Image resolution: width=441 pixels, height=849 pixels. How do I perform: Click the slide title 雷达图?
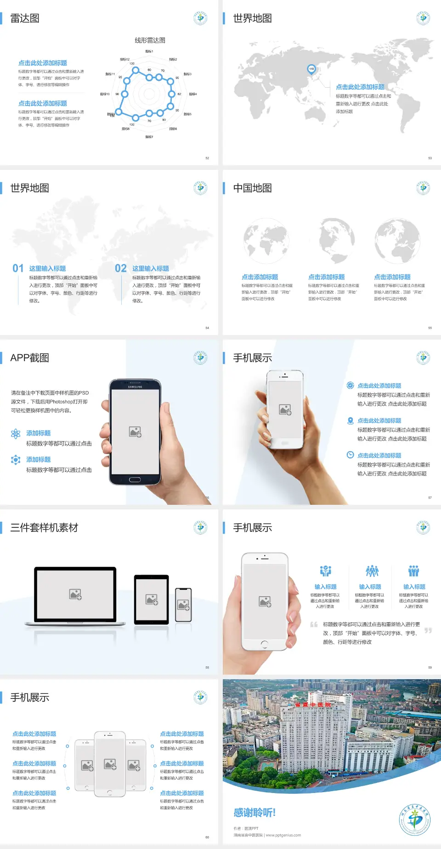[25, 18]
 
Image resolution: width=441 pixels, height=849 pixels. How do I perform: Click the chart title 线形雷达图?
[150, 40]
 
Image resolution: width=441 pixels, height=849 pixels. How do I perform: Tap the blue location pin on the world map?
[311, 69]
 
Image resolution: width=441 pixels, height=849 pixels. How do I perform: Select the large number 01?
[18, 268]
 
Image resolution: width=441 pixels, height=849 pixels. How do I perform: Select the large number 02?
[121, 268]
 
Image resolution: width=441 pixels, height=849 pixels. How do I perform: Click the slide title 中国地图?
[252, 188]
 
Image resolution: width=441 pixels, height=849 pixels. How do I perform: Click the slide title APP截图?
[30, 358]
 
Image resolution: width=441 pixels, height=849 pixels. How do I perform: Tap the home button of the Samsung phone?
[135, 480]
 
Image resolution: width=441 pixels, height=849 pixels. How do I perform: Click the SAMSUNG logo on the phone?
[135, 387]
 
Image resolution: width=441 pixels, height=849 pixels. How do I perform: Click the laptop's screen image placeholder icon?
[75, 594]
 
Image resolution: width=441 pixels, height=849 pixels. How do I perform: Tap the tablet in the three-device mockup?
[152, 599]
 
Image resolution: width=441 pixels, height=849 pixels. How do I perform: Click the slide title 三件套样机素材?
[44, 528]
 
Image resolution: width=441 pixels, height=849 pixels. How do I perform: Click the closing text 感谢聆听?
[254, 813]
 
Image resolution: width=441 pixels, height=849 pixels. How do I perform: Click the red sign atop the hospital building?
[313, 704]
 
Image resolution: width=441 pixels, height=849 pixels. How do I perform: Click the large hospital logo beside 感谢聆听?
[415, 819]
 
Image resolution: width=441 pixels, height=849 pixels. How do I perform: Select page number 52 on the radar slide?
[207, 158]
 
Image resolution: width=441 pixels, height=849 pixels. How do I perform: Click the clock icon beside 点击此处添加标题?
[350, 455]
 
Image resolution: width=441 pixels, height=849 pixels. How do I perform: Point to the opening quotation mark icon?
[314, 625]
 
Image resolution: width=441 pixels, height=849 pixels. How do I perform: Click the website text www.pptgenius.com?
[283, 835]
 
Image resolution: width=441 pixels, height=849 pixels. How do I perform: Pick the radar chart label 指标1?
[149, 51]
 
